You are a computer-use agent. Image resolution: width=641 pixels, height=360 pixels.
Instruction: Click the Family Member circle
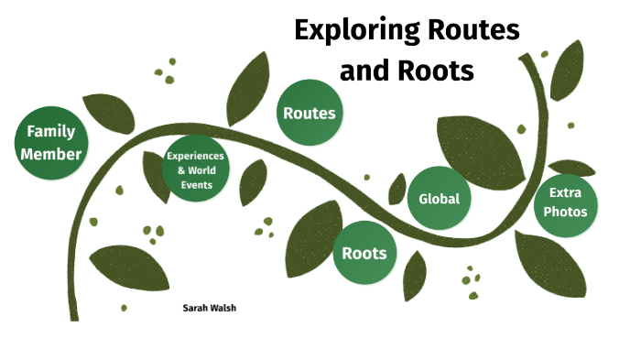tap(51, 142)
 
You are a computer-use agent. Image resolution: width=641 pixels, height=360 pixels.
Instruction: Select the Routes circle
tap(309, 114)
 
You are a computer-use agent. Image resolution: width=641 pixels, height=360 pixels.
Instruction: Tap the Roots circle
tap(364, 253)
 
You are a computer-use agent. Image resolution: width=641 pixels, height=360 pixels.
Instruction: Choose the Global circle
tap(439, 199)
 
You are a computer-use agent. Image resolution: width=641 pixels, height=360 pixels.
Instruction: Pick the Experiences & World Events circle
tap(196, 170)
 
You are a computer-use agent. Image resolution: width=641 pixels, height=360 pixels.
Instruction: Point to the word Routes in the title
tap(473, 30)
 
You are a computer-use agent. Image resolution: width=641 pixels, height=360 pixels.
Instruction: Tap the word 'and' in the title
tap(369, 70)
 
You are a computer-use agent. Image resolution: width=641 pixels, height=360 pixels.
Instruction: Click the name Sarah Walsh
tap(211, 309)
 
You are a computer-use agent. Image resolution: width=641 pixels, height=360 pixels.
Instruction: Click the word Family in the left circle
tap(51, 131)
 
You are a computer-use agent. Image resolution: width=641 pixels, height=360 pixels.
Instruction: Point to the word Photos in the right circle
tap(568, 213)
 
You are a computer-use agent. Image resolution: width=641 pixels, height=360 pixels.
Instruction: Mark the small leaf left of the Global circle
tap(397, 189)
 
